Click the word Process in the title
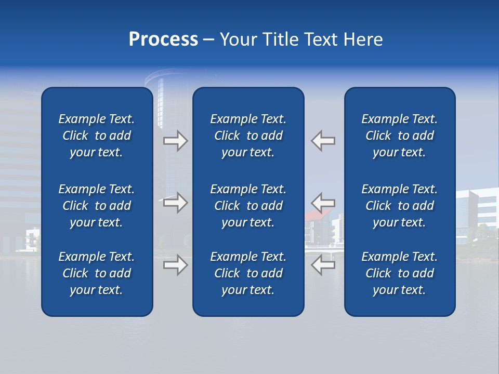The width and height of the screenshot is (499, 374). coord(163,39)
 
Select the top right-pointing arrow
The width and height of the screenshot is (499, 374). coord(176,141)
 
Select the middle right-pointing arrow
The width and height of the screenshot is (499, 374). coord(176,203)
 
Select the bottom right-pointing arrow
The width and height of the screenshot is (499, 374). coord(176,265)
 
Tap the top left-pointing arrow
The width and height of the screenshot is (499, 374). coord(323,141)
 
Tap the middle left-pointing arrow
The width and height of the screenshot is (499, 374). coord(323,203)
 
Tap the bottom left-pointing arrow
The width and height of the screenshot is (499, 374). coord(323,265)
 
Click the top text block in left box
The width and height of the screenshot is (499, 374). coord(97,136)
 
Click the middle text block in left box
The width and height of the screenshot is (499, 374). coord(97,206)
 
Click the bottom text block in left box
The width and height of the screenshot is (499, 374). coord(97,273)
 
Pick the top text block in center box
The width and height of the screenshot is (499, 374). coord(248,136)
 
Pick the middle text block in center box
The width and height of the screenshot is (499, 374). coord(248,206)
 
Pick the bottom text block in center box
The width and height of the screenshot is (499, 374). coord(248,273)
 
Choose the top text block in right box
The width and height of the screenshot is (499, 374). coord(399,136)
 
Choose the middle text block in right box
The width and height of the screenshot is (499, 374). coord(399,206)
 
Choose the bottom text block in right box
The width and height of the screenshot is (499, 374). coord(399,273)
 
